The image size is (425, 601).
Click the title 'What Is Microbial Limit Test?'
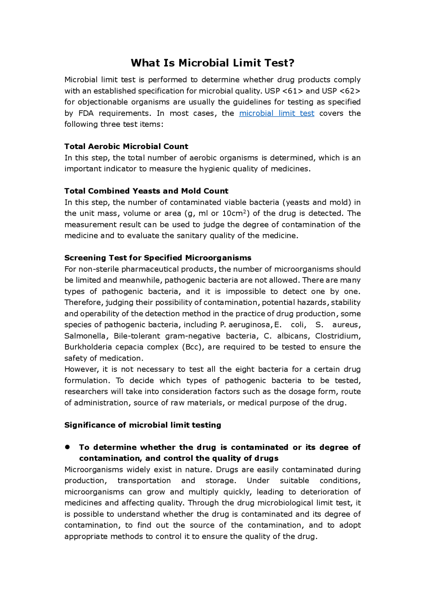point(212,63)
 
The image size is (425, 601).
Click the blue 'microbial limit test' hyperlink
point(277,113)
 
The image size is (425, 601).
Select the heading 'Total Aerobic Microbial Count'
point(126,146)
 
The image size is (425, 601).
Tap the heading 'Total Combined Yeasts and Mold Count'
point(146,191)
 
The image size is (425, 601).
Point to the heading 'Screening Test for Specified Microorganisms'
point(158,258)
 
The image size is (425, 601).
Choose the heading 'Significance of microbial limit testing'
point(142,425)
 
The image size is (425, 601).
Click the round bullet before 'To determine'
point(68,447)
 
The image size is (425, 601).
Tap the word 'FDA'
point(86,113)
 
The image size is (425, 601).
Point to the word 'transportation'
point(144,481)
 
